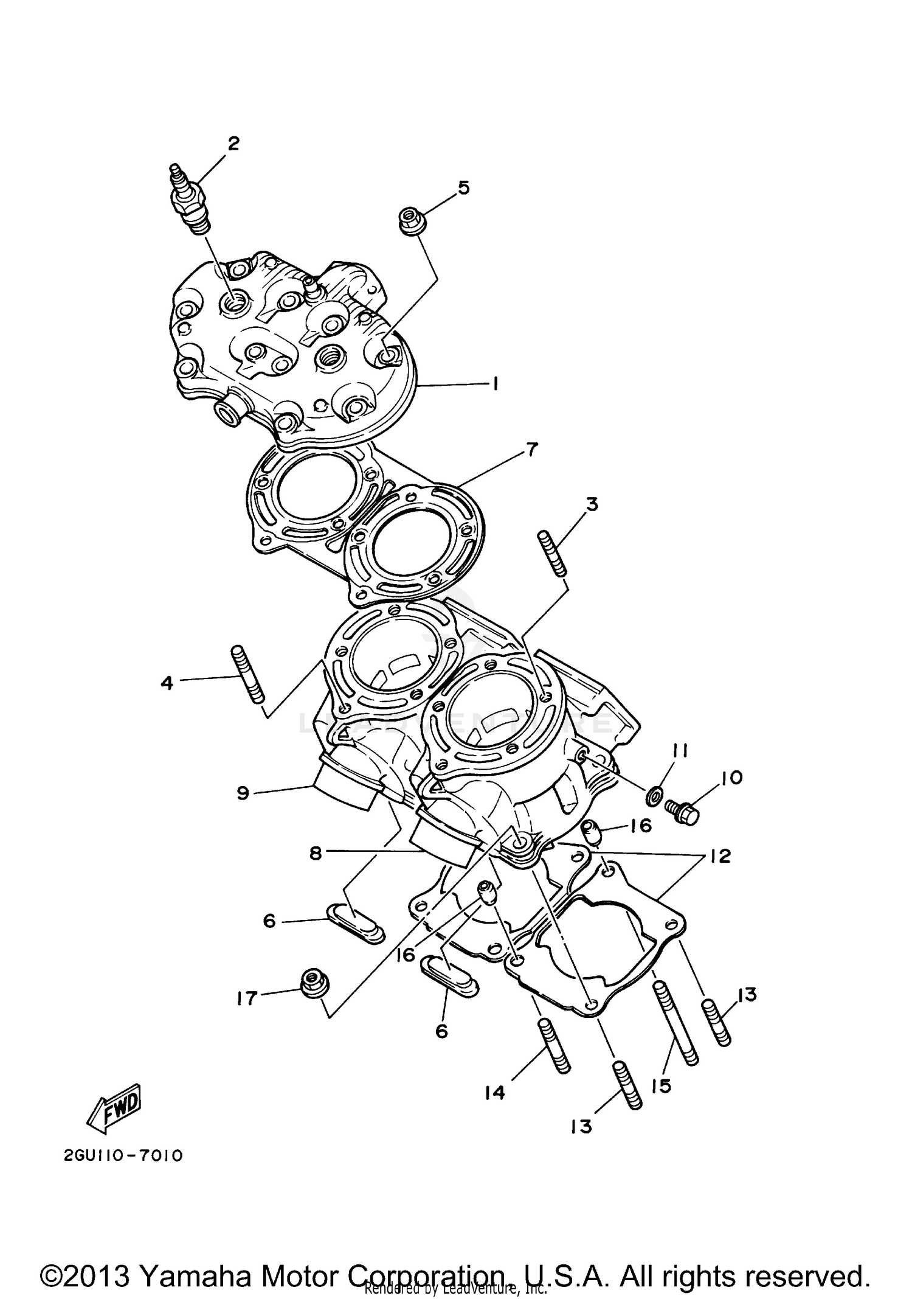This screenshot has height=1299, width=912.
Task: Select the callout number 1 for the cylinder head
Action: pyautogui.click(x=496, y=384)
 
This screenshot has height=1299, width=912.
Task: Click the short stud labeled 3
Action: pyautogui.click(x=552, y=552)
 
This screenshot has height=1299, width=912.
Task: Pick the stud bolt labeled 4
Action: pyautogui.click(x=247, y=674)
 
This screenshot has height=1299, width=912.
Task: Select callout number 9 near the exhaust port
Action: pyautogui.click(x=243, y=793)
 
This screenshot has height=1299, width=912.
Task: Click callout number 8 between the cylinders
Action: pyautogui.click(x=316, y=853)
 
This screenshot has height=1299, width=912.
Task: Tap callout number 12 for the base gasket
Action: pyautogui.click(x=720, y=857)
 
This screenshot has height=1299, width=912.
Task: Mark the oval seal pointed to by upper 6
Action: pyautogui.click(x=355, y=922)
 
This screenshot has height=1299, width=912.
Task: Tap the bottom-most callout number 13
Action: pyautogui.click(x=581, y=1126)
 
